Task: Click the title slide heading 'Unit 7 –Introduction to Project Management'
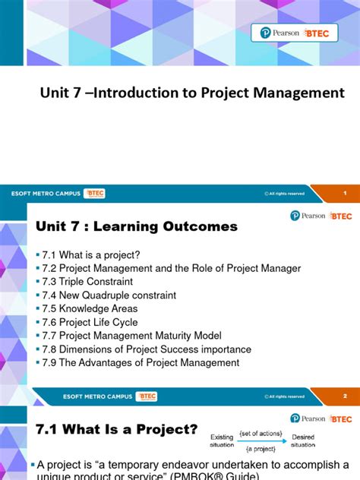pos(192,93)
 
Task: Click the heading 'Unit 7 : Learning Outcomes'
pos(137,226)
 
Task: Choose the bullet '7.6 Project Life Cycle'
pos(91,322)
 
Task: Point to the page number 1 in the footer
pos(344,194)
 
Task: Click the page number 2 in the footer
pos(344,396)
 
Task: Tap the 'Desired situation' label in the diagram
pos(302,440)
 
